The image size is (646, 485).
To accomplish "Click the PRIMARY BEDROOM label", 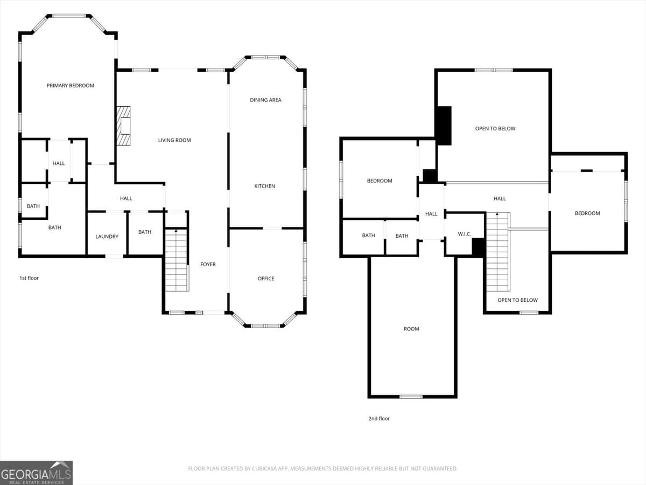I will pos(70,86).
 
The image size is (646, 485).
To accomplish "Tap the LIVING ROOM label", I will pos(174,140).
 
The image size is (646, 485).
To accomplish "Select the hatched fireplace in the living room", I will pos(124,126).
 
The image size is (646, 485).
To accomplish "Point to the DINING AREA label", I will pos(265,100).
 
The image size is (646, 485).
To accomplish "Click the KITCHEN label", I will pos(264,186).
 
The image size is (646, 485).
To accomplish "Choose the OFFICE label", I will pos(266,279).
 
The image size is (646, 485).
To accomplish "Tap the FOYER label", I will pos(208,264).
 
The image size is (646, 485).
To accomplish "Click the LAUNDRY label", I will pos(107,237).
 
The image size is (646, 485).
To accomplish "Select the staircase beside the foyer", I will pos(176,260).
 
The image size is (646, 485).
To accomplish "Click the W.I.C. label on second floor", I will pos(465,234).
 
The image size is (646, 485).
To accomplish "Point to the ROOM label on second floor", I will pos(411,329).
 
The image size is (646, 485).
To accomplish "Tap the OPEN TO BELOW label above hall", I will pos(495,128).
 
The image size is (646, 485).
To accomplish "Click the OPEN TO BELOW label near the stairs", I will pos(517,300).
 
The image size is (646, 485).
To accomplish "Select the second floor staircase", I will pos(497,253).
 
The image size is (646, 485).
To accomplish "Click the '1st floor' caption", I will pos(29,278).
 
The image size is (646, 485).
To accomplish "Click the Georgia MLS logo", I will pos(36,473).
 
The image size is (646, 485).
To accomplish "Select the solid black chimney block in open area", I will pos(444,126).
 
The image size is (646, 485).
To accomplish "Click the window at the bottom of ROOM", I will pos(411,397).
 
